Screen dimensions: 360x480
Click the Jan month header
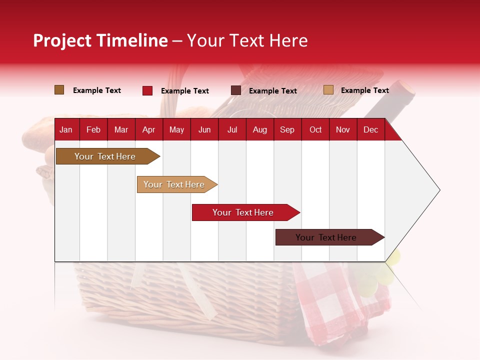click(66, 130)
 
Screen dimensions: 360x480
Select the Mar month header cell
click(121, 130)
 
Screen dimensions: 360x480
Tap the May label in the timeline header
click(176, 130)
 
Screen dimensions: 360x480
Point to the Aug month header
click(259, 130)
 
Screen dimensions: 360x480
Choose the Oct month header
click(315, 130)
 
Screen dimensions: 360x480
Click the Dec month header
click(370, 130)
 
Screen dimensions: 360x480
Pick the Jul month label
click(232, 130)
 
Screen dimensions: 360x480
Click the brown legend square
click(59, 90)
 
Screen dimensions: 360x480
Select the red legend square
click(147, 90)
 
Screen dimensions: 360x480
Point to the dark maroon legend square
click(236, 90)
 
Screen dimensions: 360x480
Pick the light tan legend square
click(328, 90)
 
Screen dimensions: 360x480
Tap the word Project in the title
click(61, 40)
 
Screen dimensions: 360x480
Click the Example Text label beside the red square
click(185, 91)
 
